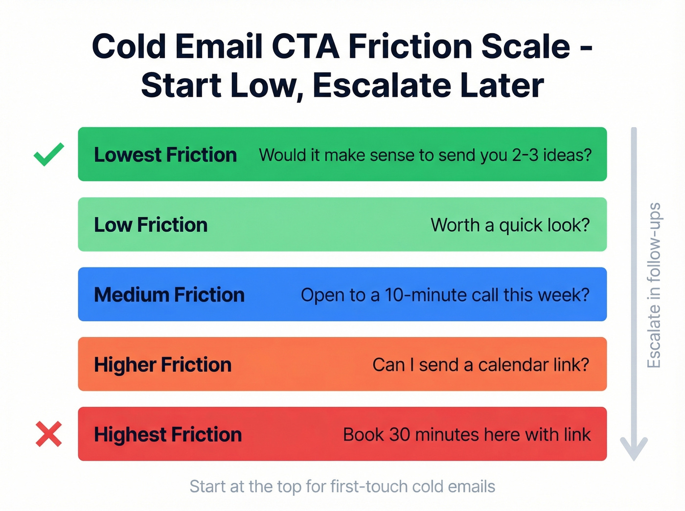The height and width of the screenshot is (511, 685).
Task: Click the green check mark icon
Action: [49, 154]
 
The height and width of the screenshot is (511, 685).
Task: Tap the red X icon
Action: [49, 434]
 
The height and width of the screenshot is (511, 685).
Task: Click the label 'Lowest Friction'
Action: [165, 155]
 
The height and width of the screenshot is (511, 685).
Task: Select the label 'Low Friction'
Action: [151, 225]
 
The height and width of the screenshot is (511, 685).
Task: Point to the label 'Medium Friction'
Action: [169, 295]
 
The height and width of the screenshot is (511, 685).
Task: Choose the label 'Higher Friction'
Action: [162, 365]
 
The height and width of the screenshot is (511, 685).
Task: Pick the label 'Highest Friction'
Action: [168, 435]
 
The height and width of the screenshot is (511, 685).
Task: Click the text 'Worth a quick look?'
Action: [510, 225]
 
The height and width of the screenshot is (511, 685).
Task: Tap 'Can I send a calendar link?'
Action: [480, 365]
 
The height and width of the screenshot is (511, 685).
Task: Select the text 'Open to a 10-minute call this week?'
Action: [445, 295]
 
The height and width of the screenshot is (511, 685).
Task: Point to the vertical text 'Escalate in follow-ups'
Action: [654, 285]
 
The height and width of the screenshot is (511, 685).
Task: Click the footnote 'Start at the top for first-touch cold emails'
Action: [342, 487]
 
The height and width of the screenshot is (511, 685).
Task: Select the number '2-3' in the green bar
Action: [525, 155]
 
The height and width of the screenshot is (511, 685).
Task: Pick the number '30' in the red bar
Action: [399, 435]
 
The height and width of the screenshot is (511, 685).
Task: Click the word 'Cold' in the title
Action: [129, 46]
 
